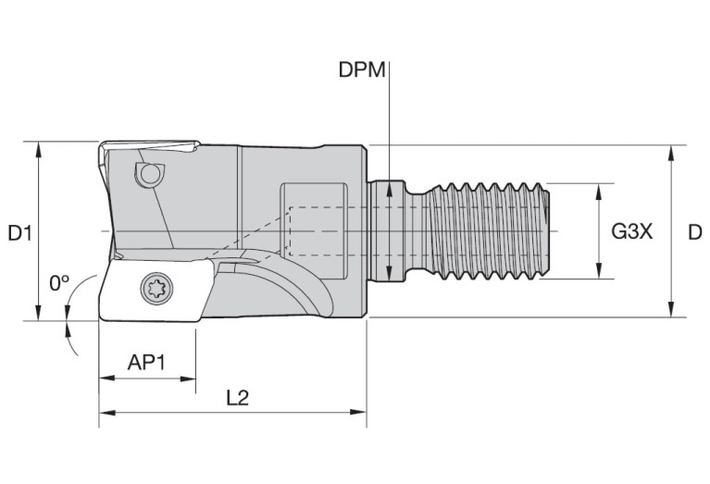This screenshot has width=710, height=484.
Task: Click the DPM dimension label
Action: point(362,71)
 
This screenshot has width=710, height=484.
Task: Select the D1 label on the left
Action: point(20,233)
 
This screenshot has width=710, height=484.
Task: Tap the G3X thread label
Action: point(632,232)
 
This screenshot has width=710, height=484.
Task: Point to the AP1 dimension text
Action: point(145,362)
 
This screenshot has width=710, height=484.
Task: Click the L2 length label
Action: point(237,397)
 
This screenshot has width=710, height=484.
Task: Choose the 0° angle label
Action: point(60,282)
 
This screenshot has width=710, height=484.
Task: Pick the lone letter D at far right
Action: point(694,232)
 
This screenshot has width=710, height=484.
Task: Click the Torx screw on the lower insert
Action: point(155,290)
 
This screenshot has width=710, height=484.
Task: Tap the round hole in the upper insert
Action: point(147,172)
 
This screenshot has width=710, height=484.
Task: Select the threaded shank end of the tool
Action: point(491,230)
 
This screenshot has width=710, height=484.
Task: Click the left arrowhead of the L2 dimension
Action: point(105,412)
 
